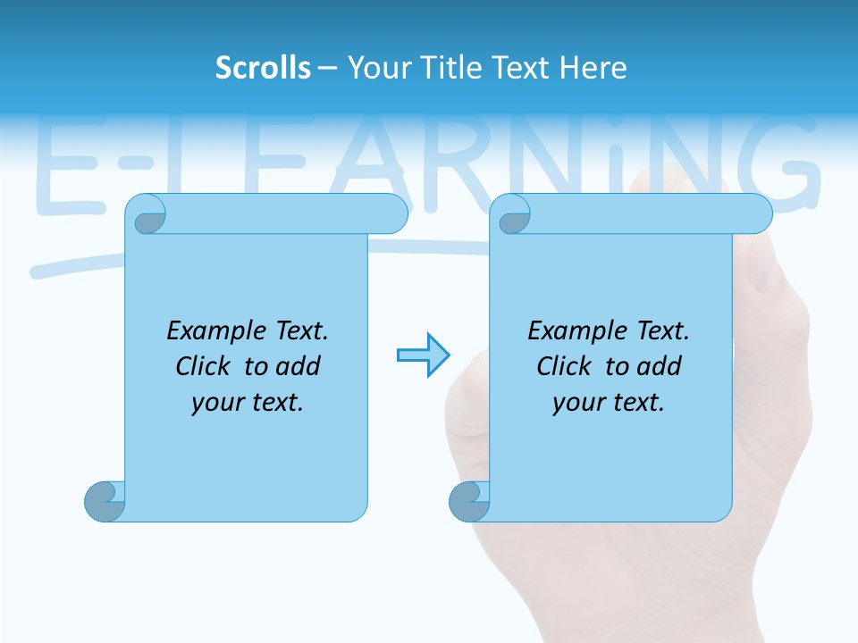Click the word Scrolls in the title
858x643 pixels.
point(263,68)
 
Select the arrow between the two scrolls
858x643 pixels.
point(423,355)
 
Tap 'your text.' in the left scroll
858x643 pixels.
point(247,402)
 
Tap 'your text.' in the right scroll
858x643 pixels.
point(608,402)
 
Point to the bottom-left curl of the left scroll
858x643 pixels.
point(104,501)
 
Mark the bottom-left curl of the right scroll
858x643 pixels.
point(468,501)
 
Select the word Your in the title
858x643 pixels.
point(376,68)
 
